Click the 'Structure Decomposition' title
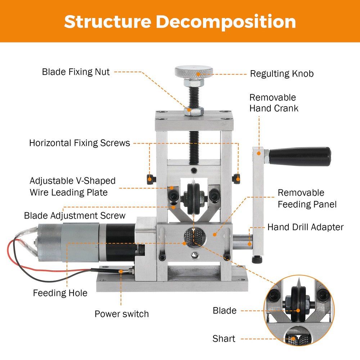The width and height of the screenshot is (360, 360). [180, 22]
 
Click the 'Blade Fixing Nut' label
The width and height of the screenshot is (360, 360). [76, 72]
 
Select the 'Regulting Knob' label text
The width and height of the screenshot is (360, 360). [282, 74]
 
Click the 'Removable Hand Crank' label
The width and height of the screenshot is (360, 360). [274, 103]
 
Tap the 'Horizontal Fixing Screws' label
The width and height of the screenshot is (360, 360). [79, 143]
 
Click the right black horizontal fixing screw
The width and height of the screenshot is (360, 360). [237, 177]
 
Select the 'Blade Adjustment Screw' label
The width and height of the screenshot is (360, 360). [75, 216]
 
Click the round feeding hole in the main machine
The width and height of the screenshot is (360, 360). [194, 237]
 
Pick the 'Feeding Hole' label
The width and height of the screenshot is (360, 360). [60, 293]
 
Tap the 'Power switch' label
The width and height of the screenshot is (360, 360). [121, 314]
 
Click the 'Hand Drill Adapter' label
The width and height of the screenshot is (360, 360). [305, 227]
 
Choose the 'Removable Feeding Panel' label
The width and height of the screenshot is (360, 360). [307, 199]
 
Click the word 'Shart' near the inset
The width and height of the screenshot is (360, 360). [224, 339]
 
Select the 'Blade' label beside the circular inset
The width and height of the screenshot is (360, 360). [225, 311]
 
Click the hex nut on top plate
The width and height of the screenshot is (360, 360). [193, 111]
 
